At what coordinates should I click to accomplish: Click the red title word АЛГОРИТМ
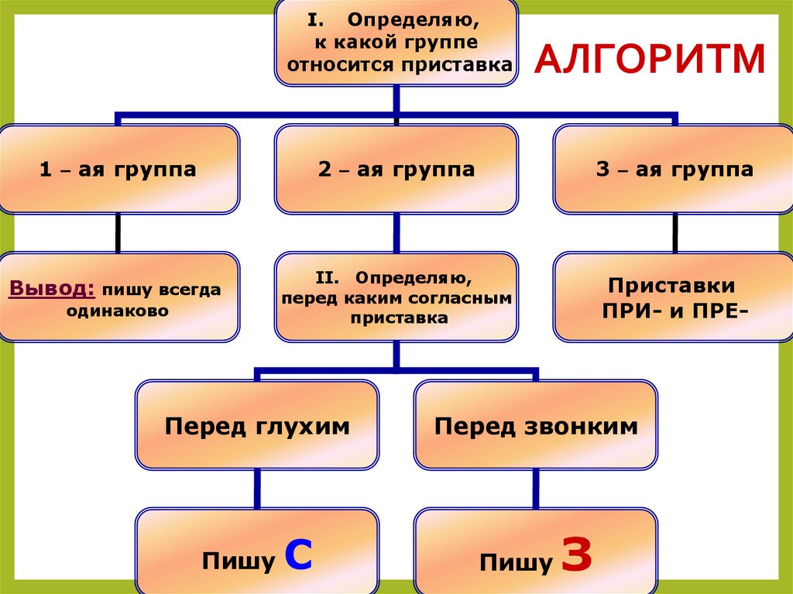click(x=650, y=60)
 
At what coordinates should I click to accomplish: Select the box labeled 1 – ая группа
click(x=118, y=170)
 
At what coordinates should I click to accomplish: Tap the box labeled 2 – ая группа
click(x=396, y=170)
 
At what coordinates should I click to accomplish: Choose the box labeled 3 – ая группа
click(x=675, y=170)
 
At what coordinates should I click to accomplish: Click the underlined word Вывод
click(x=51, y=289)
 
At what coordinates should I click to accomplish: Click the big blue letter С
click(x=298, y=555)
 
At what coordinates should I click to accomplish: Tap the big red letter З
click(x=576, y=555)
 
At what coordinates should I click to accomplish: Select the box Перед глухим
click(x=257, y=426)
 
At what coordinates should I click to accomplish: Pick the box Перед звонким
click(x=536, y=426)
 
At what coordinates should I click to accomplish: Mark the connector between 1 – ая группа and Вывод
click(x=118, y=232)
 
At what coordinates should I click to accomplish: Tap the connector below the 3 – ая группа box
click(x=675, y=232)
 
